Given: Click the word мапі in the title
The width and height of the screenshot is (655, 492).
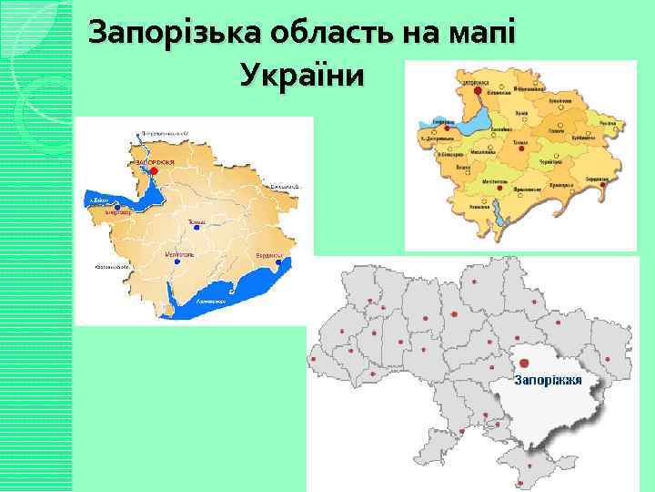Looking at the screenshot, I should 483,34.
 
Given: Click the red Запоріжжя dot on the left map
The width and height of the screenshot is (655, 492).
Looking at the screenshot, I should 155,170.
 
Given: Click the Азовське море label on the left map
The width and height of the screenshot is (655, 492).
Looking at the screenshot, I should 210,299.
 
